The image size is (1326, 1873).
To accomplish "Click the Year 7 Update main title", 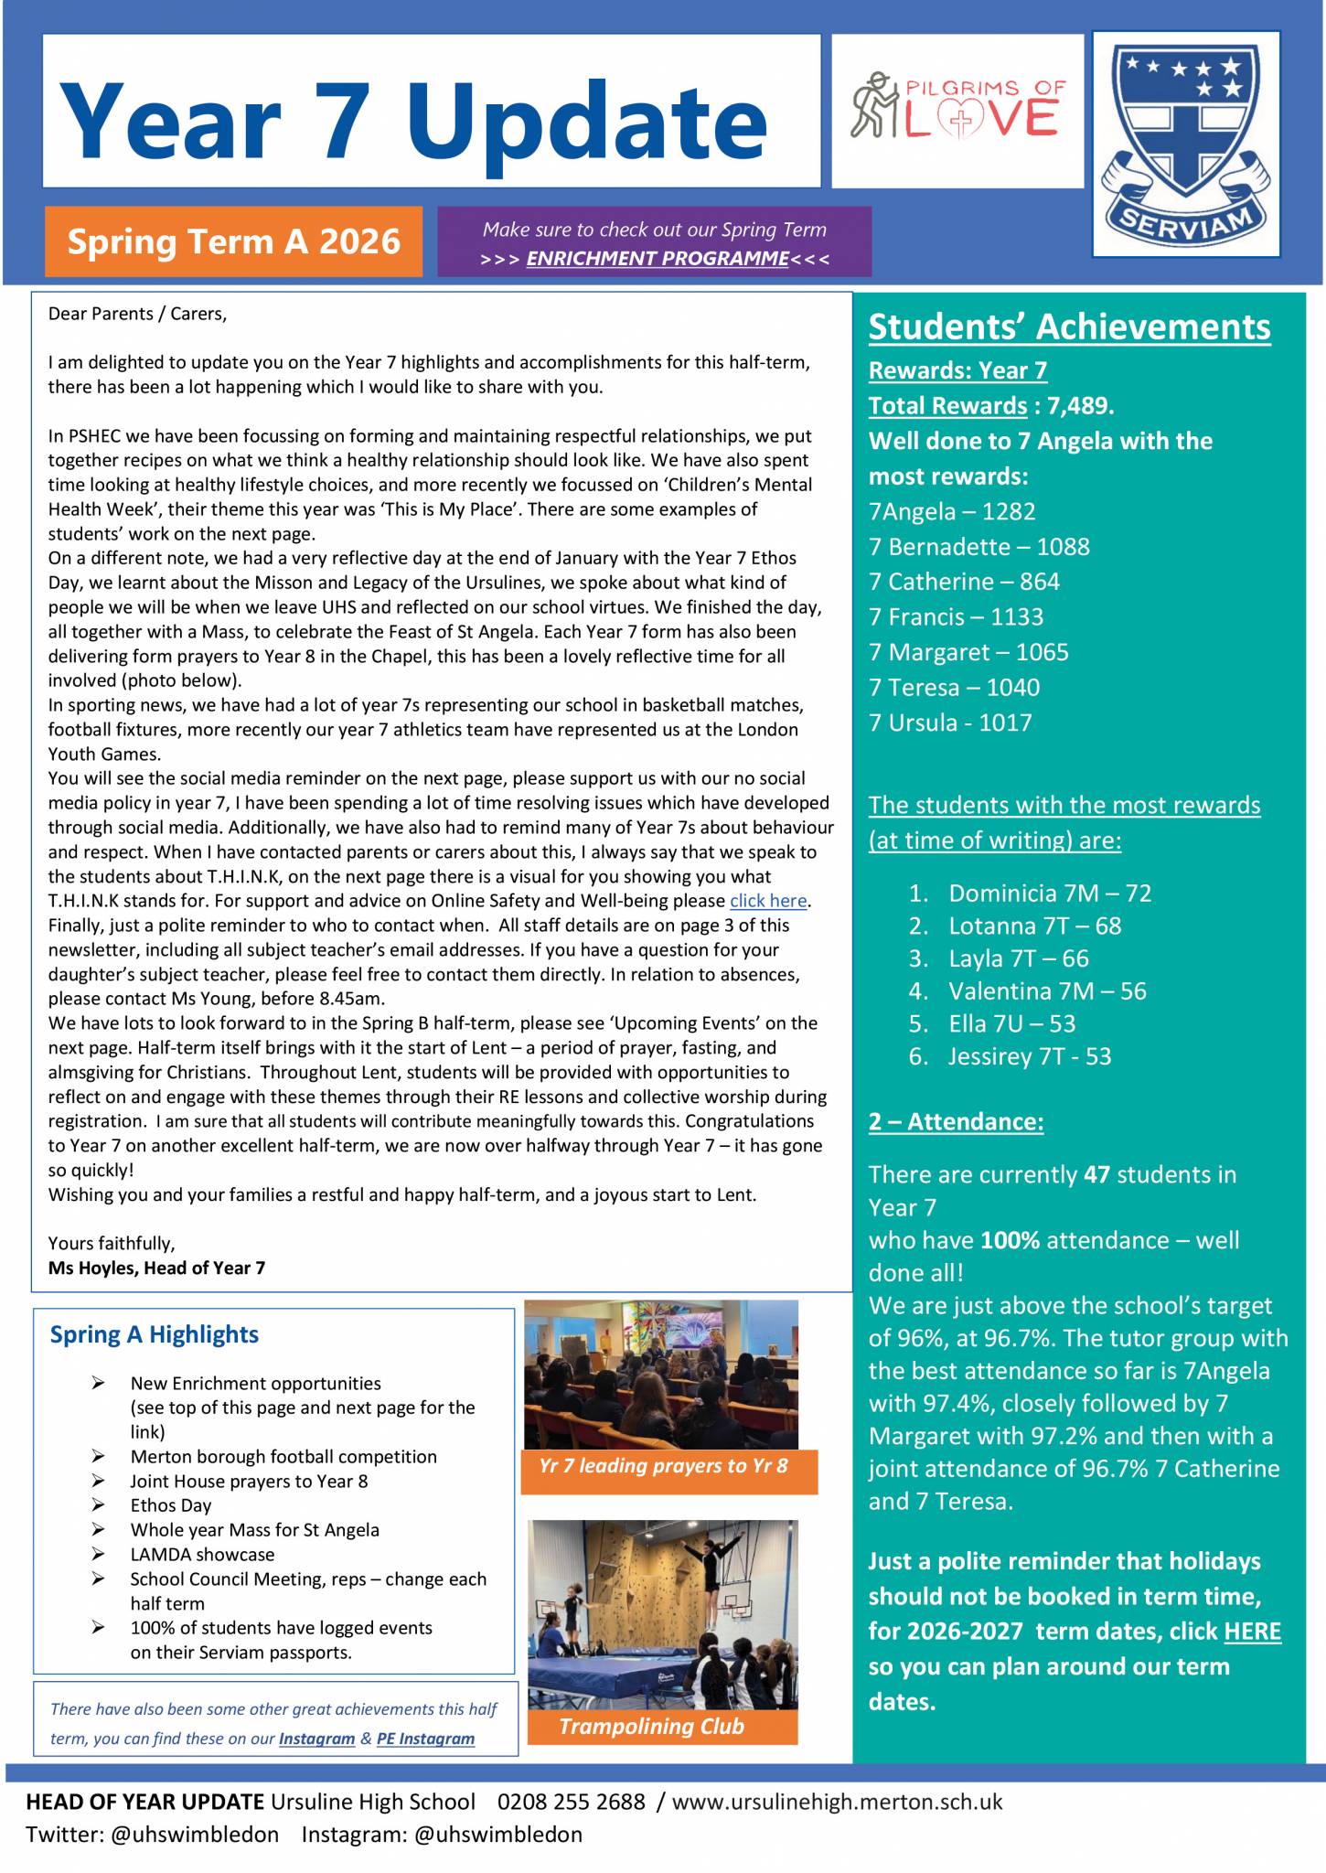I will pyautogui.click(x=412, y=120).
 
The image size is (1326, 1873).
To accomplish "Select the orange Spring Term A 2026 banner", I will pyautogui.click(x=233, y=241).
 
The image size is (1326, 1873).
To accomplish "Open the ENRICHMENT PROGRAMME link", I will pyautogui.click(x=657, y=259).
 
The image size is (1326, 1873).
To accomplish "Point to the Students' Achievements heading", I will pyautogui.click(x=1069, y=327).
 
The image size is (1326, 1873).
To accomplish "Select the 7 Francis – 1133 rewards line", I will pyautogui.click(x=956, y=617).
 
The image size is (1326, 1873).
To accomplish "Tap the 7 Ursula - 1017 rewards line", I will pyautogui.click(x=950, y=722).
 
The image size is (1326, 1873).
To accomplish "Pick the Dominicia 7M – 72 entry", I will pyautogui.click(x=1049, y=893).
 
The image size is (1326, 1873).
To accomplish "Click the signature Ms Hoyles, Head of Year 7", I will pyautogui.click(x=156, y=1268).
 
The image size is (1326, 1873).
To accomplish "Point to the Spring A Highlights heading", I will pyautogui.click(x=155, y=1334).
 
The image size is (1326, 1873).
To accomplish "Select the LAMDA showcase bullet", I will pyautogui.click(x=202, y=1554).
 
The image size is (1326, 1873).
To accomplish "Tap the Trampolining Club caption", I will pyautogui.click(x=651, y=1726).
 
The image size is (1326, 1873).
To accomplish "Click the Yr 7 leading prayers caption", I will pyautogui.click(x=663, y=1466).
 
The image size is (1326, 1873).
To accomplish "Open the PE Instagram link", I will pyautogui.click(x=425, y=1739).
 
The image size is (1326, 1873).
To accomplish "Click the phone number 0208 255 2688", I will pyautogui.click(x=571, y=1802).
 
